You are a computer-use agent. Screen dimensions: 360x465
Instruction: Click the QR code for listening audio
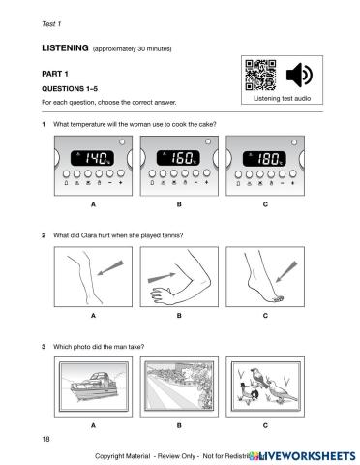click(260, 75)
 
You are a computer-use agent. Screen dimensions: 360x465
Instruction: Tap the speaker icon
click(299, 75)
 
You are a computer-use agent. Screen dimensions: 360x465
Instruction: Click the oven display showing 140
click(92, 158)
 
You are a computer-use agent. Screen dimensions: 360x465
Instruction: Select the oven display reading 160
click(178, 158)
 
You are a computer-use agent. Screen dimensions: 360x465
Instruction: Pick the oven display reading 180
click(264, 158)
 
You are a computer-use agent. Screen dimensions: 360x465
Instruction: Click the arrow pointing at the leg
click(110, 267)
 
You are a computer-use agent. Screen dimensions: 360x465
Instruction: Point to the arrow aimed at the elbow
click(162, 278)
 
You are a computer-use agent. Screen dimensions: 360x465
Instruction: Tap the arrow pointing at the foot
click(286, 271)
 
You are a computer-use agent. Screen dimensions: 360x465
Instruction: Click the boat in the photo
click(94, 386)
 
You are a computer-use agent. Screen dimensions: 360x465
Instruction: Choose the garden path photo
click(179, 387)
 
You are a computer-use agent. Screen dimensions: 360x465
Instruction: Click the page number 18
click(45, 439)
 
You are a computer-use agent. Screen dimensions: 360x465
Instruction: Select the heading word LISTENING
click(65, 48)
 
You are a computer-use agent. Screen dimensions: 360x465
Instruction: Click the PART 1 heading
click(55, 74)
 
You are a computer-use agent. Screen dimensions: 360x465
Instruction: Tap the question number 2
click(44, 235)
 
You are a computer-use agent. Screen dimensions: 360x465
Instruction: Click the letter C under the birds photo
click(265, 425)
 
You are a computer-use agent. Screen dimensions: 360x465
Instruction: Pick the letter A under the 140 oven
click(93, 204)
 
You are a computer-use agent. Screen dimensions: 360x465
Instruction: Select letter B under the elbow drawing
click(179, 316)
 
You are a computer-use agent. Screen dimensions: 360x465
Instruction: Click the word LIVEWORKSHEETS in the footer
click(306, 456)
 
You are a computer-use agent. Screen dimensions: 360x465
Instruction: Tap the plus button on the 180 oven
click(293, 174)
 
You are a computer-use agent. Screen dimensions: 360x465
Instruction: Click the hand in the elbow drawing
click(163, 294)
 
